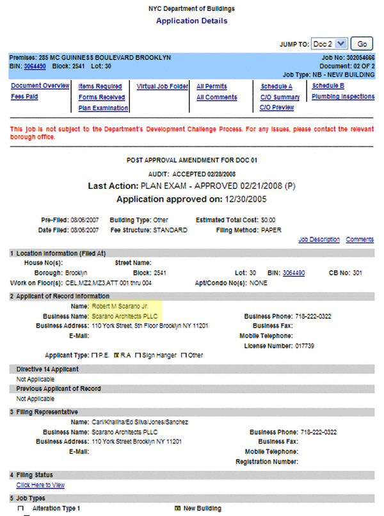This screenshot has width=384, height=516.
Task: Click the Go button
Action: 362,44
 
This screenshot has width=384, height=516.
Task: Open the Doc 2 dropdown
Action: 330,44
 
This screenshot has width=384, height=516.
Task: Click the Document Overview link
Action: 40,86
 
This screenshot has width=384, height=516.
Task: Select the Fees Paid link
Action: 24,97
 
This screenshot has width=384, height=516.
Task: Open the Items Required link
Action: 100,86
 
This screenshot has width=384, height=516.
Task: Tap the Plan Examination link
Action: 103,108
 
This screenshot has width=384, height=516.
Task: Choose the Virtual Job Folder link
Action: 163,86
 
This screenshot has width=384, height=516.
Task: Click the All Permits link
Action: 211,86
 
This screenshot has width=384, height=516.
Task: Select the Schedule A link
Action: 276,86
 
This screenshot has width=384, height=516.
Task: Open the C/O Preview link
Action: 276,108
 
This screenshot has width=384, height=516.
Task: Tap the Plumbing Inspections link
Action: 343,97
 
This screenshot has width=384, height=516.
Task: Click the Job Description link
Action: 319,239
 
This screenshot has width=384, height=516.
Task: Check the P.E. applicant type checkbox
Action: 93,355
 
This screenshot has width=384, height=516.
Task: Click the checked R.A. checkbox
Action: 116,355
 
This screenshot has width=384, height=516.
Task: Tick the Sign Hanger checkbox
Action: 138,355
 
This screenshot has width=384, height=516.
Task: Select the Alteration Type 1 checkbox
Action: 20,508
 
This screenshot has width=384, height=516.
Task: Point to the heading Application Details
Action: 191,21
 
